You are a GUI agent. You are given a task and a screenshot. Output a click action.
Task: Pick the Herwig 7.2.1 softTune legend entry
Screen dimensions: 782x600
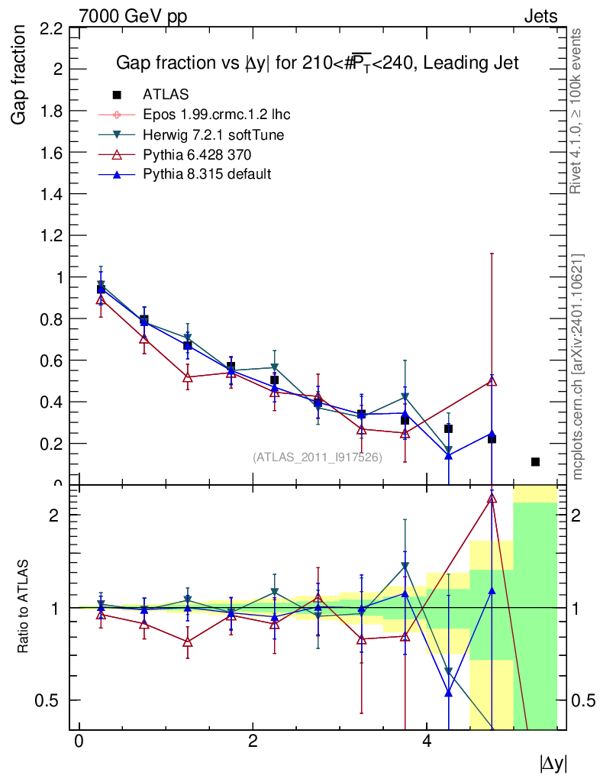214,134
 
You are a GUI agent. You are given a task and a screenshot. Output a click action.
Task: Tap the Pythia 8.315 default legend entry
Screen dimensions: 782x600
207,174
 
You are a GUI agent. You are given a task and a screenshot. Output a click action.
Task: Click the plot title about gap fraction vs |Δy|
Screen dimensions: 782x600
317,63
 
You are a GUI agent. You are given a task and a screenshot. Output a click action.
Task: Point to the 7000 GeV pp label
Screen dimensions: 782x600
133,16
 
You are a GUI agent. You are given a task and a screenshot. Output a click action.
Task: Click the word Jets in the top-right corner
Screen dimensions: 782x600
540,16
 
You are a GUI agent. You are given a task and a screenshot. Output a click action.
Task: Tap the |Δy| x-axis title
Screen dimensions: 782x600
553,762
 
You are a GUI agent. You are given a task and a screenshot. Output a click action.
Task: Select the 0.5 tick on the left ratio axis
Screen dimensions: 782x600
50,700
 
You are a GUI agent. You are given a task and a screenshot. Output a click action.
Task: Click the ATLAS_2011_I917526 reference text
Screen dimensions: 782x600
318,457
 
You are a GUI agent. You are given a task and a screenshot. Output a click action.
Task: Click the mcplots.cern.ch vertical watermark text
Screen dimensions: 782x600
578,367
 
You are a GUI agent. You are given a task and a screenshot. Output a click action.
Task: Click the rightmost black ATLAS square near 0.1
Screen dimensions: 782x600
535,462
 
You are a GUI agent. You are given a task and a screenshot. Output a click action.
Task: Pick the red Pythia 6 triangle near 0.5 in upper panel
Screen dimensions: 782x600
492,381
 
